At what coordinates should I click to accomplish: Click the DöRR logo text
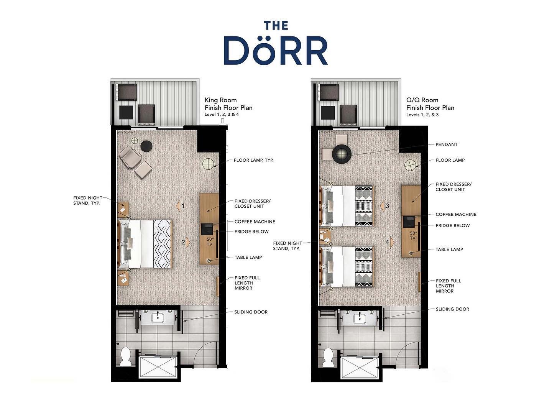pos(276,50)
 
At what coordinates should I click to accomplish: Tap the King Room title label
pos(220,100)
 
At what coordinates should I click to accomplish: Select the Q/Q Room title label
pos(422,100)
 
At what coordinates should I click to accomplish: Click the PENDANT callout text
pos(446,144)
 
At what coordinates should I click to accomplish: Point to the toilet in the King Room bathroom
pos(126,356)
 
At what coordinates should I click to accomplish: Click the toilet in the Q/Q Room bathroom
pos(328,357)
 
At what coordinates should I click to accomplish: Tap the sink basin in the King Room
pos(158,317)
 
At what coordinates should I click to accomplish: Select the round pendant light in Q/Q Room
pos(341,154)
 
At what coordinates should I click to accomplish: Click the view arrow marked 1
pos(178,206)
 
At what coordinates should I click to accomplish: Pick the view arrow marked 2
pos(188,243)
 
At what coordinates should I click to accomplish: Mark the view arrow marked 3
pos(382,206)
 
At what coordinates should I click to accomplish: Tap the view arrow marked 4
pos(392,243)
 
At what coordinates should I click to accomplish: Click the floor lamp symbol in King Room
pos(209,164)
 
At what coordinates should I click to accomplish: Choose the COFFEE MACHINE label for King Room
pos(255,222)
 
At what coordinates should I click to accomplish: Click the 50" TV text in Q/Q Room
pos(413,236)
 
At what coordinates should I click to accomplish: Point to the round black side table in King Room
pos(146,146)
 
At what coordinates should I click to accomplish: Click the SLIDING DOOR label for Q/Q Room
pos(452,309)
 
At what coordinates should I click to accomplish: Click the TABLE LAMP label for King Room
pos(248,257)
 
